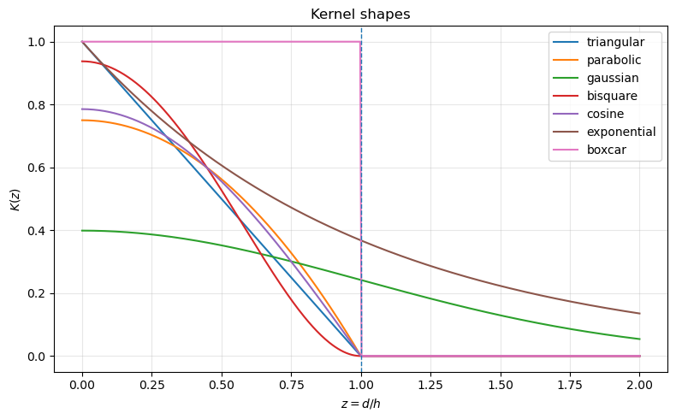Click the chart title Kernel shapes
pyautogui.click(x=360, y=15)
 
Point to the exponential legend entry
pyautogui.click(x=621, y=132)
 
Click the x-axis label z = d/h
pyautogui.click(x=360, y=403)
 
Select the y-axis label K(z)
pyautogui.click(x=15, y=199)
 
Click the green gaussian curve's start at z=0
pyautogui.click(x=82, y=231)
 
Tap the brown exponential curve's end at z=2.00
pyautogui.click(x=639, y=314)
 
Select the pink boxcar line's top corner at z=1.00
pyautogui.click(x=361, y=42)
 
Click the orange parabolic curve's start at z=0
pyautogui.click(x=82, y=121)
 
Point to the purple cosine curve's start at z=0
pyautogui.click(x=82, y=109)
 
